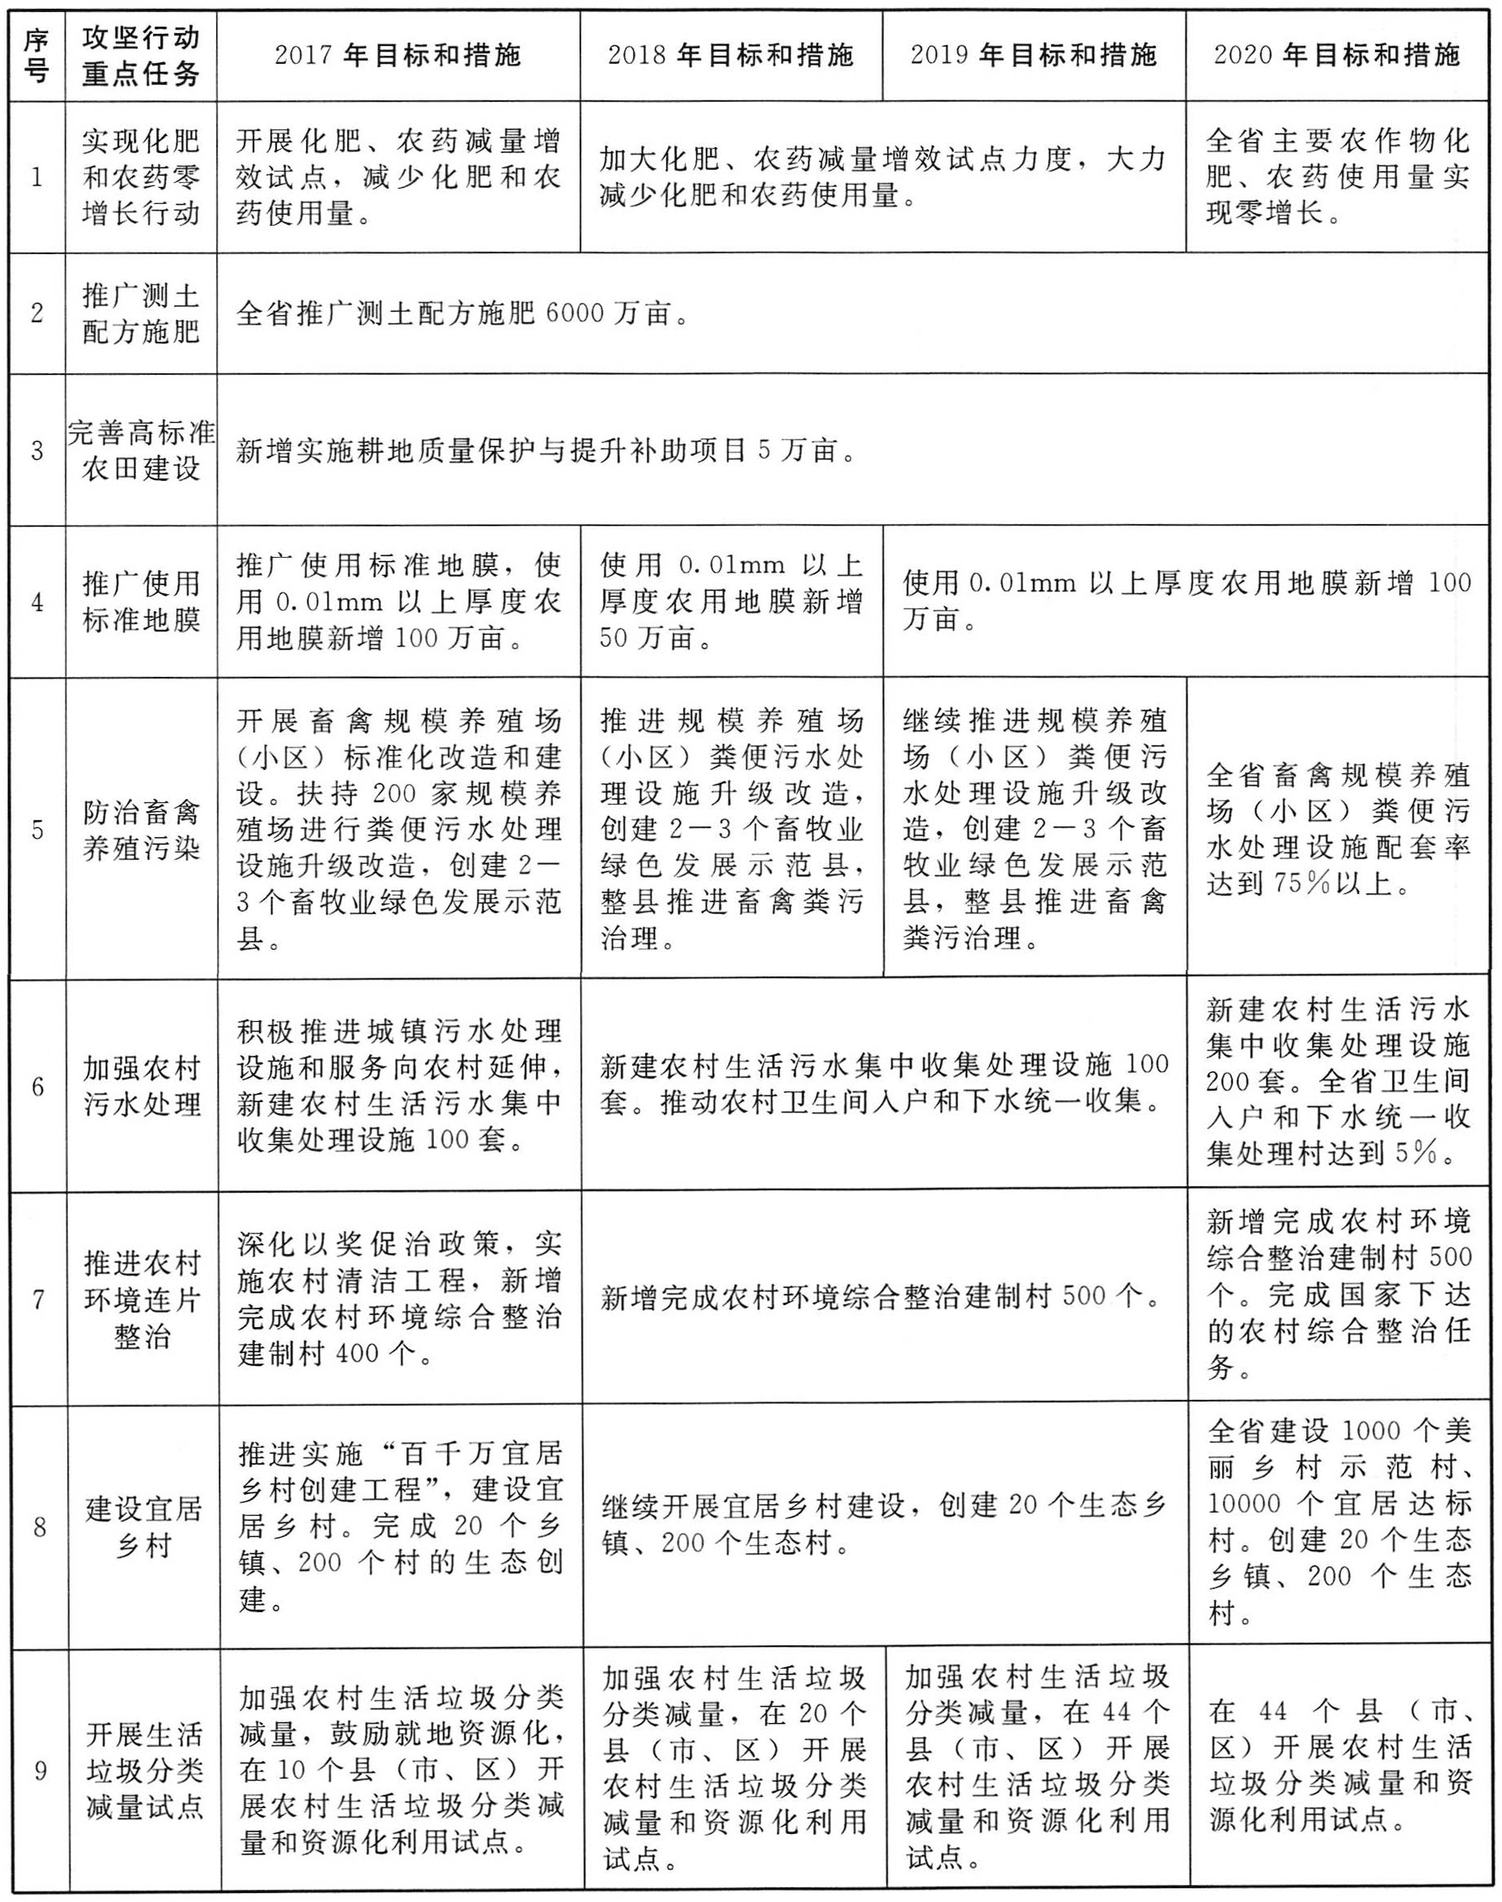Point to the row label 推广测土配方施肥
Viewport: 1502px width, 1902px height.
coord(141,313)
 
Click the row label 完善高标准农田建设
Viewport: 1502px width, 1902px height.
coord(141,450)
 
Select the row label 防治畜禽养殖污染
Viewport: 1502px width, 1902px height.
coord(141,830)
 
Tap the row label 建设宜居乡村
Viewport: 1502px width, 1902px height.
coord(142,1526)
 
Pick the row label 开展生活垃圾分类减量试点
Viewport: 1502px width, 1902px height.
coord(142,1770)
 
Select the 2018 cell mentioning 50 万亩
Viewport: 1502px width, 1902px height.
coord(731,602)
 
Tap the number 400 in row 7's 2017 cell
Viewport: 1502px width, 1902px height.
coord(358,1354)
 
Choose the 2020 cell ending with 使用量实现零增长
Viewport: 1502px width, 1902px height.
coord(1337,177)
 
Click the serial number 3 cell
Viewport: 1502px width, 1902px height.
coord(37,451)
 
